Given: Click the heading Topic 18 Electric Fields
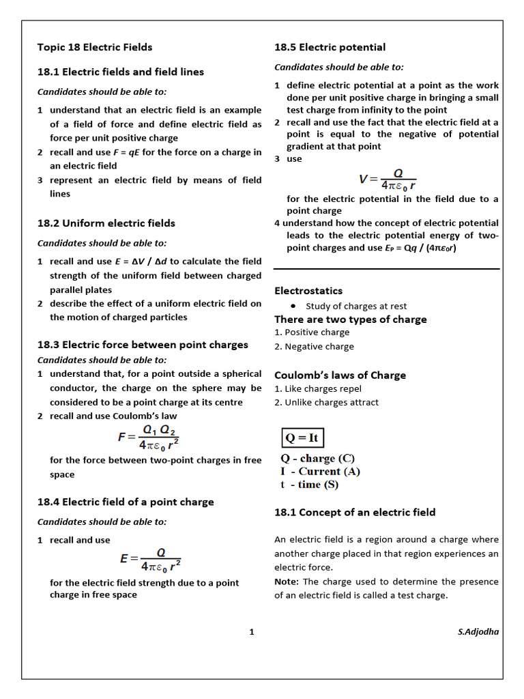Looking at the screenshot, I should pos(95,47).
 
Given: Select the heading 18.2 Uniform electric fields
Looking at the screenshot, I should pos(106,223).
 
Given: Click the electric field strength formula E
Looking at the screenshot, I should pos(150,559).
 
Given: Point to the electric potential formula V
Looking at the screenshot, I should pos(387,179).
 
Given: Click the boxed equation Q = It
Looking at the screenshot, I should pos(302,438).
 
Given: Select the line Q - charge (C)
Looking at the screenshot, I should pos(317,459).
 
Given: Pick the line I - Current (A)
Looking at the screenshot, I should pos(320,472).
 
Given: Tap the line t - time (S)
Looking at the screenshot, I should pos(309,485).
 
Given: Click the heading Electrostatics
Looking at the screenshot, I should pos(308,291).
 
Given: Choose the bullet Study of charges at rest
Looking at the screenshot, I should pos(355,306).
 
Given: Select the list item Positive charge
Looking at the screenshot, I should pos(312,332).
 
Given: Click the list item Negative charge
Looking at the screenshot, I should pos(314,347).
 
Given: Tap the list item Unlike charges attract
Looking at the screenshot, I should pos(326,403).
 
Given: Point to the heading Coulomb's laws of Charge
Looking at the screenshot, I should pos(340,375).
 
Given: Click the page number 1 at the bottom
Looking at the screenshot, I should pos(252,632).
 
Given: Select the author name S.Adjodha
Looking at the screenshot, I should pos(478,632).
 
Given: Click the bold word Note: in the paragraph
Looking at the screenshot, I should pos(287,582).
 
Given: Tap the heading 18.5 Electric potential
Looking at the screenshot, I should pos(330,47).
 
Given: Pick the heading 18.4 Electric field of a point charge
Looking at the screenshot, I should pos(126,502).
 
